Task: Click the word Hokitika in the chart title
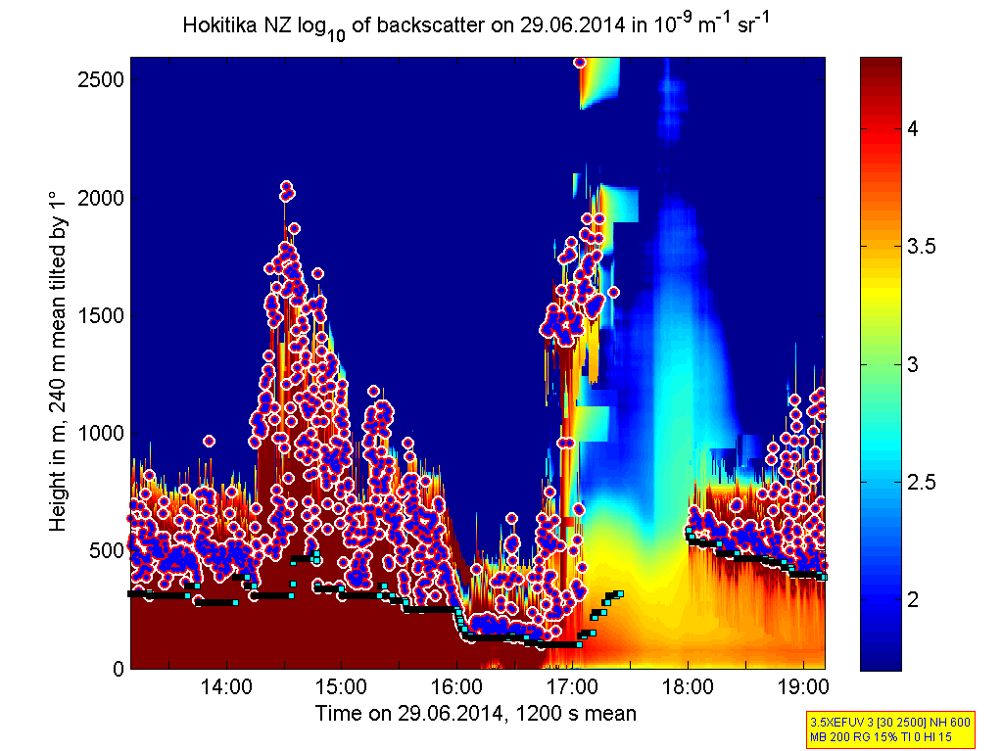coord(216,25)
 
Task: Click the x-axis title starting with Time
coord(475,714)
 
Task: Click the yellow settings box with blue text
coord(888,728)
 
